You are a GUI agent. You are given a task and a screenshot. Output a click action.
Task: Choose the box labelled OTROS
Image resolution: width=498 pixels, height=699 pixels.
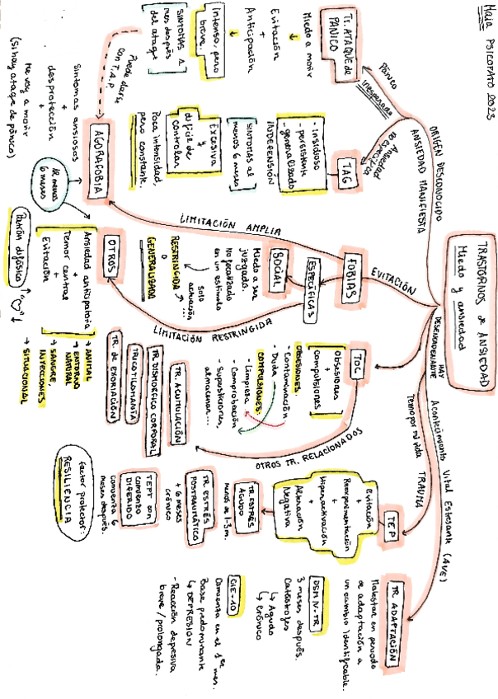pyautogui.click(x=112, y=258)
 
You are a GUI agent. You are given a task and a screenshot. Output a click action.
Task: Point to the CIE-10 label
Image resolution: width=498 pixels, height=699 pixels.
pyautogui.click(x=238, y=584)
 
